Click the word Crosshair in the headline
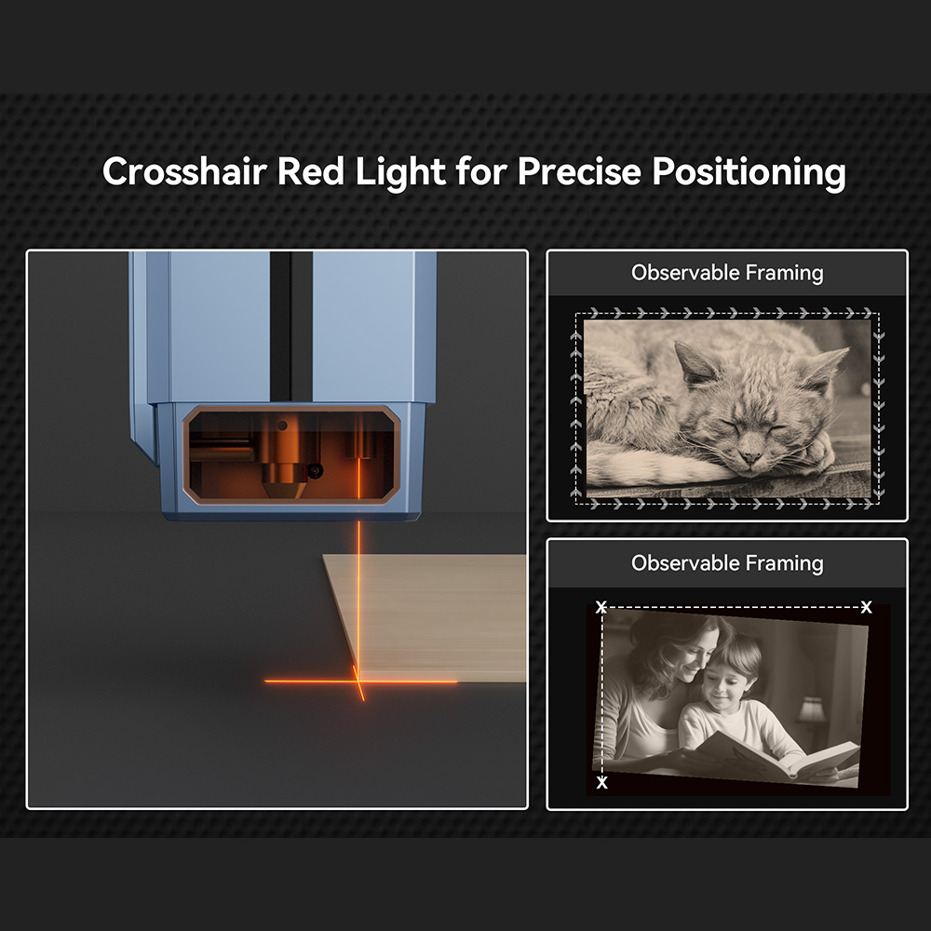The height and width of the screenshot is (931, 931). pyautogui.click(x=184, y=171)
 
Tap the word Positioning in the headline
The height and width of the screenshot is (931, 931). pyautogui.click(x=749, y=173)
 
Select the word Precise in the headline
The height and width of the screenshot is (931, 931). pyautogui.click(x=579, y=171)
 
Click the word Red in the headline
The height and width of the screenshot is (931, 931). pyautogui.click(x=311, y=171)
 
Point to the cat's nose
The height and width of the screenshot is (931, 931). pyautogui.click(x=750, y=458)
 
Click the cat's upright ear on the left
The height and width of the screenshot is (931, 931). pyautogui.click(x=694, y=363)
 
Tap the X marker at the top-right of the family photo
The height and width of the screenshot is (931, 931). pyautogui.click(x=866, y=607)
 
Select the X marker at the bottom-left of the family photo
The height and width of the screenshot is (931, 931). pyautogui.click(x=602, y=783)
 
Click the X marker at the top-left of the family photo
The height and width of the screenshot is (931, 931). pyautogui.click(x=601, y=607)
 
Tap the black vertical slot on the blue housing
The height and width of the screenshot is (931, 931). pyautogui.click(x=290, y=326)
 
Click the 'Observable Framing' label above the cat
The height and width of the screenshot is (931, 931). pyautogui.click(x=727, y=273)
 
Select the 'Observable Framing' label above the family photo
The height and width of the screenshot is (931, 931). pyautogui.click(x=727, y=562)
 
